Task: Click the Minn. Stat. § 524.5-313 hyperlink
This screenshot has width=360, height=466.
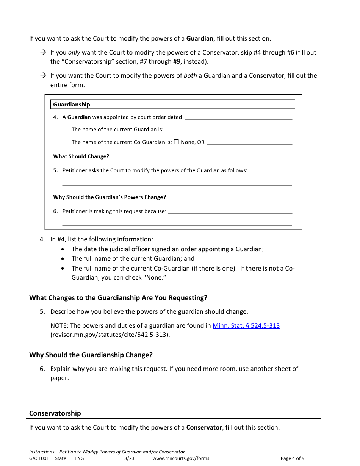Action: [x=246, y=325]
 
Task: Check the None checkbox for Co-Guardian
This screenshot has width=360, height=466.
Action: [x=176, y=142]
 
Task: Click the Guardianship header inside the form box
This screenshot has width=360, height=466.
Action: [x=72, y=105]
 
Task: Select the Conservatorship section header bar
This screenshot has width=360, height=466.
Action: [x=175, y=413]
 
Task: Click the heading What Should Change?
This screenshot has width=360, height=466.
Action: [x=81, y=156]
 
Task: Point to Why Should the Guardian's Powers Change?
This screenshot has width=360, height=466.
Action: [x=110, y=197]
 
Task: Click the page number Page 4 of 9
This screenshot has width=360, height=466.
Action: [x=292, y=458]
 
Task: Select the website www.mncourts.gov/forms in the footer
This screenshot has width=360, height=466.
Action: [x=181, y=458]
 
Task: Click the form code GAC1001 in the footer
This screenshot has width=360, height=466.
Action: [x=39, y=458]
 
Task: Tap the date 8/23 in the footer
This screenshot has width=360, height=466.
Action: [x=129, y=458]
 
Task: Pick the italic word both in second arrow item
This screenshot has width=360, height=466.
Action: [x=190, y=75]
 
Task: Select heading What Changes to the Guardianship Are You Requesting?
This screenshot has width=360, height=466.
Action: [x=118, y=298]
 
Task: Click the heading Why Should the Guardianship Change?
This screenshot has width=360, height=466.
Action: [x=91, y=355]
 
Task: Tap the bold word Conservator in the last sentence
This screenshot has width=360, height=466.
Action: [x=204, y=427]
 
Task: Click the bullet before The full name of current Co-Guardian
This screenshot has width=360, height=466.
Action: [x=63, y=268]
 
